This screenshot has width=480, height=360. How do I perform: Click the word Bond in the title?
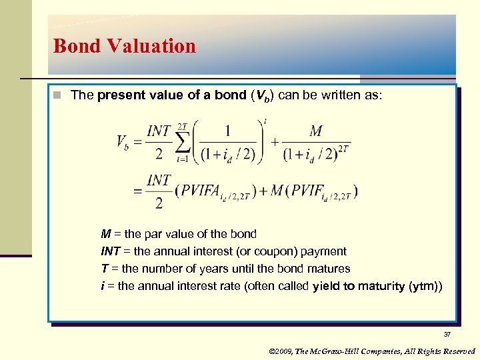point(74,46)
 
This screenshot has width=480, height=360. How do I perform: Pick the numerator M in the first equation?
point(315,131)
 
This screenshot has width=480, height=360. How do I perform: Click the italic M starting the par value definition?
point(105,234)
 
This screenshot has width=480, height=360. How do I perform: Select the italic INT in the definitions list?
point(110,251)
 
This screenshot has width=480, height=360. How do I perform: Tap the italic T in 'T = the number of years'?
point(104,269)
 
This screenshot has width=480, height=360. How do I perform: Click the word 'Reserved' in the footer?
point(459,351)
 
